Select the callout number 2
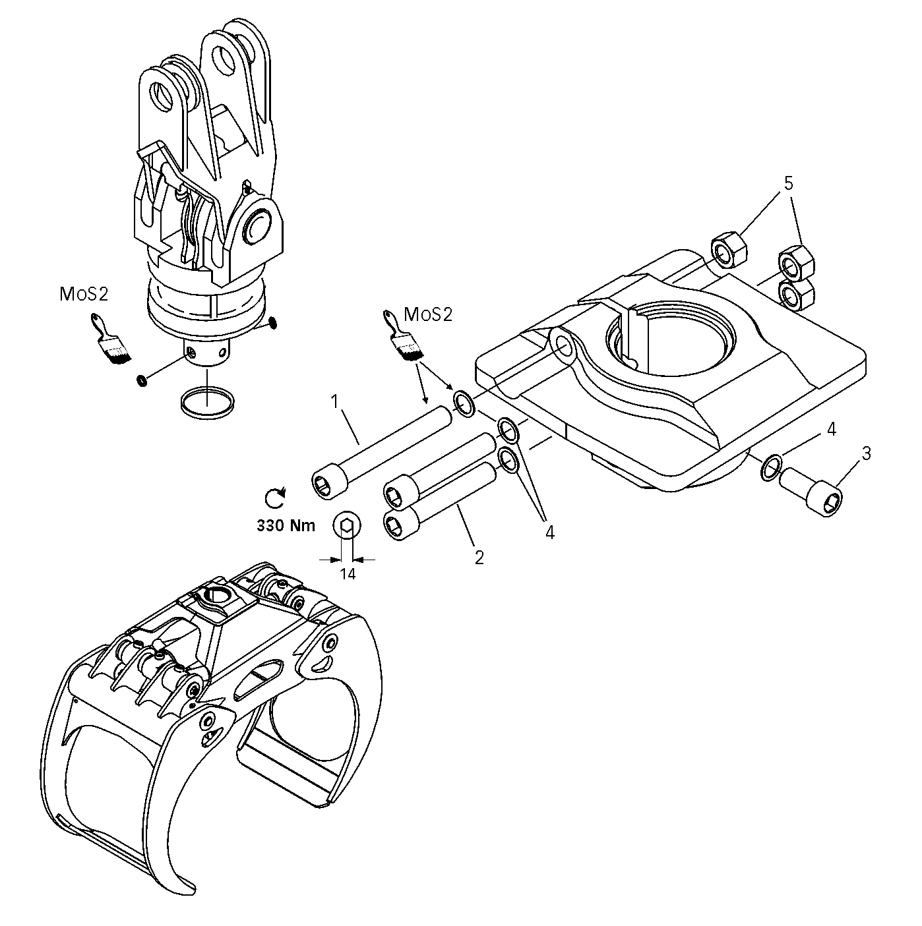(x=479, y=556)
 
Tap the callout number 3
(x=866, y=453)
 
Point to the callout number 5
(x=788, y=183)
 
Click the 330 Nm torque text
(x=286, y=525)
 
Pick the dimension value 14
(x=348, y=574)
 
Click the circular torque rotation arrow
(x=275, y=498)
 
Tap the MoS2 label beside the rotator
(x=84, y=295)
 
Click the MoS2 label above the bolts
(x=429, y=314)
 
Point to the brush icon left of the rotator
(x=109, y=339)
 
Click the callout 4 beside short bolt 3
(x=831, y=430)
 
